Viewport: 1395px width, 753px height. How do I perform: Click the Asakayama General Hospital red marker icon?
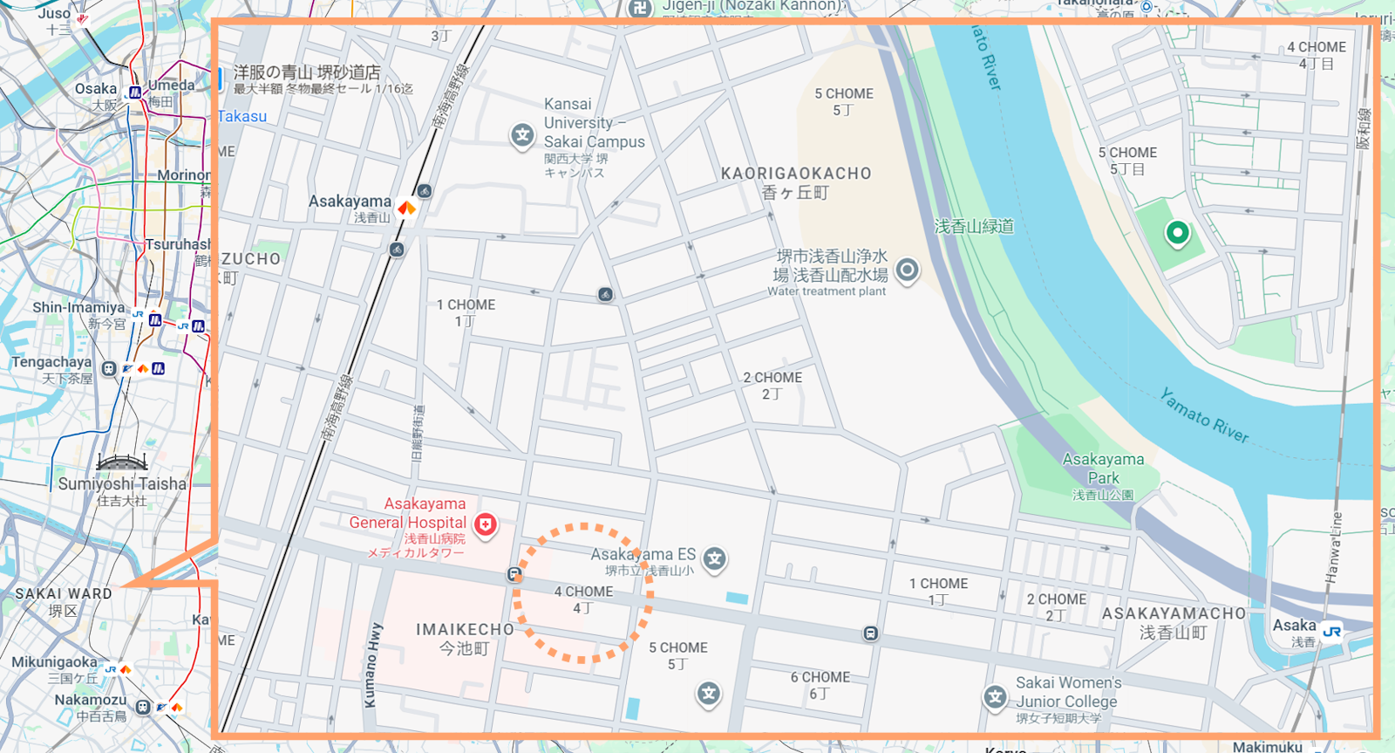click(x=486, y=524)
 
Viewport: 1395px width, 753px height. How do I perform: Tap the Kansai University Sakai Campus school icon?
click(x=522, y=135)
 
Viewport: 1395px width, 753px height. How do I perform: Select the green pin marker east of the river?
click(x=1177, y=233)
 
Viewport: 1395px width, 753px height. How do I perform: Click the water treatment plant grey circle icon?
click(x=907, y=270)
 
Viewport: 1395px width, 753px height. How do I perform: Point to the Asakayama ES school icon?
click(x=715, y=558)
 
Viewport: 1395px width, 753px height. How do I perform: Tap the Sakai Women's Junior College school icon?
click(x=995, y=696)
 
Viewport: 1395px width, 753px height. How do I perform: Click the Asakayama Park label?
click(x=1103, y=469)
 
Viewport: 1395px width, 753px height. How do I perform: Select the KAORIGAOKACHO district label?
click(x=795, y=174)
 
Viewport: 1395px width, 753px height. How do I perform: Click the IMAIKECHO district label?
click(x=465, y=629)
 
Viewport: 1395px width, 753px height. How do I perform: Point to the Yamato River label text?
click(x=1204, y=415)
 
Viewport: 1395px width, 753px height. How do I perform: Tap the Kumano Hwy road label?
click(x=372, y=665)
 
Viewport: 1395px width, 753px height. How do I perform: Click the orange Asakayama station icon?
click(x=406, y=208)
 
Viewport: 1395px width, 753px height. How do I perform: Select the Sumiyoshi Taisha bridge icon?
click(x=122, y=462)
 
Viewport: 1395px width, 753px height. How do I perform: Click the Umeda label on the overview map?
click(x=172, y=86)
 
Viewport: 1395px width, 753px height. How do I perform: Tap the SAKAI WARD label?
click(x=64, y=593)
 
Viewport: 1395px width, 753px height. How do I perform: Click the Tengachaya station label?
click(x=51, y=362)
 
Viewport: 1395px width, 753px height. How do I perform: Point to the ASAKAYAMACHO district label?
click(x=1174, y=613)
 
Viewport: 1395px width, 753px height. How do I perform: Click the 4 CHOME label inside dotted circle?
click(x=583, y=592)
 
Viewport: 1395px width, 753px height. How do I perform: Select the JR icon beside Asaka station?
click(x=1331, y=631)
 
